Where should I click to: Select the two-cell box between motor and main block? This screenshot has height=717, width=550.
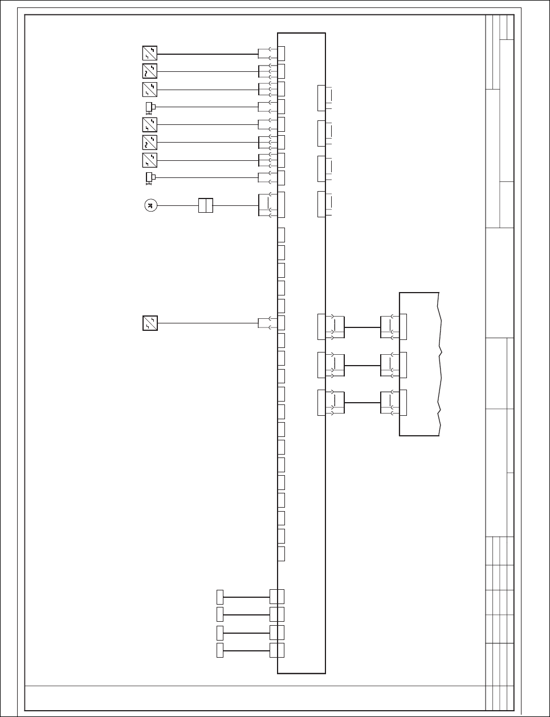(x=205, y=206)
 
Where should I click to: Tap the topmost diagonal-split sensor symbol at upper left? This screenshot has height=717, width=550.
(x=149, y=54)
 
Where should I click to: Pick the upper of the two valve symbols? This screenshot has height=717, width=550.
(x=150, y=107)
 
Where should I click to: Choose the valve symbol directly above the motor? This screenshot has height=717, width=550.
(x=150, y=177)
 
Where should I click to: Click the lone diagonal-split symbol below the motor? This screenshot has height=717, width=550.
(x=149, y=323)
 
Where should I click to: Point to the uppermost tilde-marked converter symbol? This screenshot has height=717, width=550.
(x=149, y=71)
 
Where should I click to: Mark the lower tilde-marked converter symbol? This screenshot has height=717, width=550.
(x=149, y=142)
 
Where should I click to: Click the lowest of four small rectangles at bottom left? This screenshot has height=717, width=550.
(x=220, y=650)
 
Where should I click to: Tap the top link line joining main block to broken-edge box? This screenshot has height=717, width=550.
(x=362, y=327)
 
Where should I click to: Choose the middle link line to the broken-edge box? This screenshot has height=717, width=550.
(x=362, y=365)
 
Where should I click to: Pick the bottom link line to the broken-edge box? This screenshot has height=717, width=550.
(x=362, y=403)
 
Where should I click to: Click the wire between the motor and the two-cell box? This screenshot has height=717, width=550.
(x=177, y=206)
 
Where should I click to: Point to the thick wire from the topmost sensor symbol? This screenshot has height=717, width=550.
(x=207, y=54)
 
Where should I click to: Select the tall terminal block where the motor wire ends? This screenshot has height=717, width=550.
(x=281, y=205)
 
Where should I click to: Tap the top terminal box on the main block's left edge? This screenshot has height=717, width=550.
(x=281, y=54)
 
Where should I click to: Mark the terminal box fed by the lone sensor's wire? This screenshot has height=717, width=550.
(x=281, y=323)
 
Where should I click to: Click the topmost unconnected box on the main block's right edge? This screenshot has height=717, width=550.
(x=321, y=99)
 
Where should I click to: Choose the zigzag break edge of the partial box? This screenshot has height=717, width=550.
(x=439, y=365)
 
